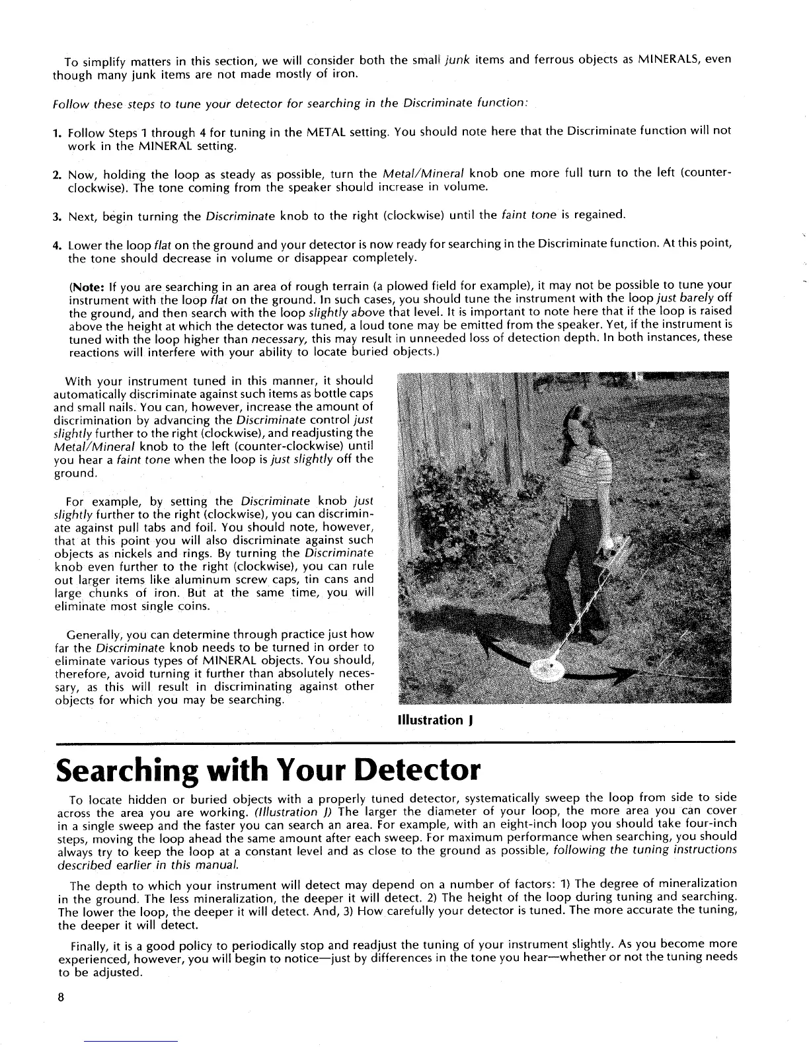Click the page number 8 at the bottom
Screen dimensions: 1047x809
[59, 998]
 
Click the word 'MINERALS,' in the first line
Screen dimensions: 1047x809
[668, 59]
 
